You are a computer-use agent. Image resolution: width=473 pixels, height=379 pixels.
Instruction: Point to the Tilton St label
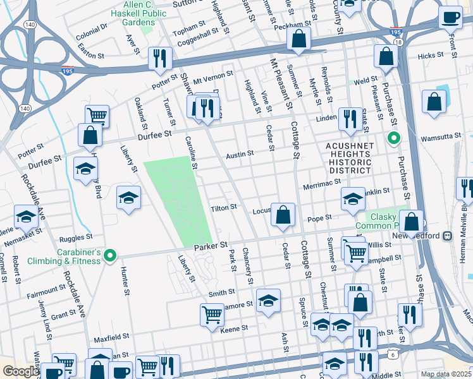coord(223,207)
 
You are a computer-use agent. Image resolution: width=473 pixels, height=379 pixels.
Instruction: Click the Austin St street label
coord(240,153)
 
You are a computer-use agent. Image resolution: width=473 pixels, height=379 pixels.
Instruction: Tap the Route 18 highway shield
coord(397,42)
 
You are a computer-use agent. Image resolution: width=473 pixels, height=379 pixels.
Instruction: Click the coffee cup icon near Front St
coord(450,18)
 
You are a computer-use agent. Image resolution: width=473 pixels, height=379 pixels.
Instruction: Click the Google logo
coord(20,371)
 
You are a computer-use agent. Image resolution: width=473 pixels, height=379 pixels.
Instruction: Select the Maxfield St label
coord(111,338)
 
